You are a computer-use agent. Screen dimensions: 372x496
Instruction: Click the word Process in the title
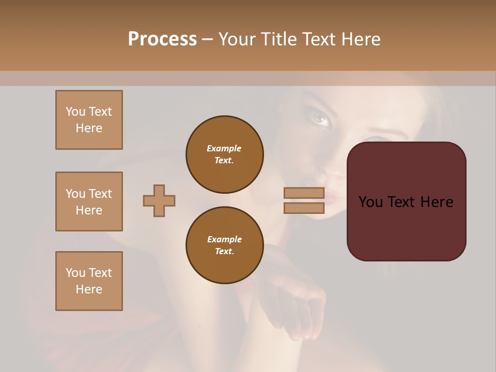(162, 39)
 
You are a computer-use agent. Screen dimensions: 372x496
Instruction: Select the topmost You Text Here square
(89, 120)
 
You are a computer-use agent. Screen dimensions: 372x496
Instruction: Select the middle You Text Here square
(89, 202)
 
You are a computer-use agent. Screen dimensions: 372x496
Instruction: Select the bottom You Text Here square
(89, 281)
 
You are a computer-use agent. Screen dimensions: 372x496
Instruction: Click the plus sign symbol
(159, 200)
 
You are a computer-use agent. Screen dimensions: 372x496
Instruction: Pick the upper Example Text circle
(225, 154)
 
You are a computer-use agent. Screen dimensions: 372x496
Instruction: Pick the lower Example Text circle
(225, 245)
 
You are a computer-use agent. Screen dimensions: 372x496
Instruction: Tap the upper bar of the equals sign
(304, 193)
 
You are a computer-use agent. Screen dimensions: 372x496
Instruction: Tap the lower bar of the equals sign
(304, 208)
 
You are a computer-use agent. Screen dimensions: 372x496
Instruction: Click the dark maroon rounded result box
(406, 227)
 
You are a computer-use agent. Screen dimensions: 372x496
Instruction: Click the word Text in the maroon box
(405, 202)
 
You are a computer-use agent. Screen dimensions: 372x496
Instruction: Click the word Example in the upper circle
(224, 148)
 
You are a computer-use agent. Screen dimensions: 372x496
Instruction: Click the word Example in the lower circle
(224, 239)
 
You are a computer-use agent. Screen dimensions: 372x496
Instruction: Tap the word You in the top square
(75, 112)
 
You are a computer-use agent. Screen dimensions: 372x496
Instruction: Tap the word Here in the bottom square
(89, 289)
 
